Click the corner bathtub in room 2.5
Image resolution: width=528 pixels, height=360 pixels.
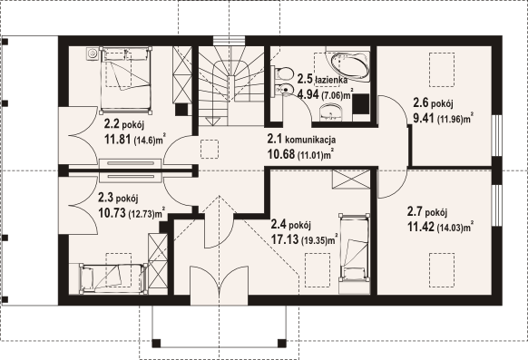pos(349,66)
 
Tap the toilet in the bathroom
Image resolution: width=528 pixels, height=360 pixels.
pos(282,73)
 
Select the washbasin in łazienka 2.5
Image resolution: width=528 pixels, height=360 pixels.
pos(330,112)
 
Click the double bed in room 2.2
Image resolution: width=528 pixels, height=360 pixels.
pos(125,80)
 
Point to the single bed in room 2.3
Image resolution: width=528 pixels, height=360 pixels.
pos(113,278)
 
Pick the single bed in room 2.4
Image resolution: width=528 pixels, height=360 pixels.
pos(354,248)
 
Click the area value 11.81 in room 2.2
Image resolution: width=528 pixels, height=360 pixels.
pos(118,139)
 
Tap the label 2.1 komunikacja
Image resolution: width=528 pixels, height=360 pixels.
pos(301,139)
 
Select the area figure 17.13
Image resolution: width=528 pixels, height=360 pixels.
pos(285,239)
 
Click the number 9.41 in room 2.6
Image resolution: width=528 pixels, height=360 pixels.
pos(423,118)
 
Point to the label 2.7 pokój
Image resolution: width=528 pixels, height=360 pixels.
pos(427,212)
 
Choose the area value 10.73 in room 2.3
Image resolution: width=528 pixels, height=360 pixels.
pos(112,212)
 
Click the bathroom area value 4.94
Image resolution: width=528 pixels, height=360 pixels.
pos(308,94)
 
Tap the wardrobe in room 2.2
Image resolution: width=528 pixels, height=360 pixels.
pos(182,74)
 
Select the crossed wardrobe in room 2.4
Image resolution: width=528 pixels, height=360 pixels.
pos(351,180)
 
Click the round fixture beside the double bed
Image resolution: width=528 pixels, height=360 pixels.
pos(92,54)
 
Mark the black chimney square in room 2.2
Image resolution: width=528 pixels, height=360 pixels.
pos(181,109)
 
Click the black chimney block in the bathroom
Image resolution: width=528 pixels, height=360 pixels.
pos(361,104)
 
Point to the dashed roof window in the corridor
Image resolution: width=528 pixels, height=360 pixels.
pos(210,149)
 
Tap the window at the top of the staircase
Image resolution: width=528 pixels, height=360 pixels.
pos(229,41)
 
